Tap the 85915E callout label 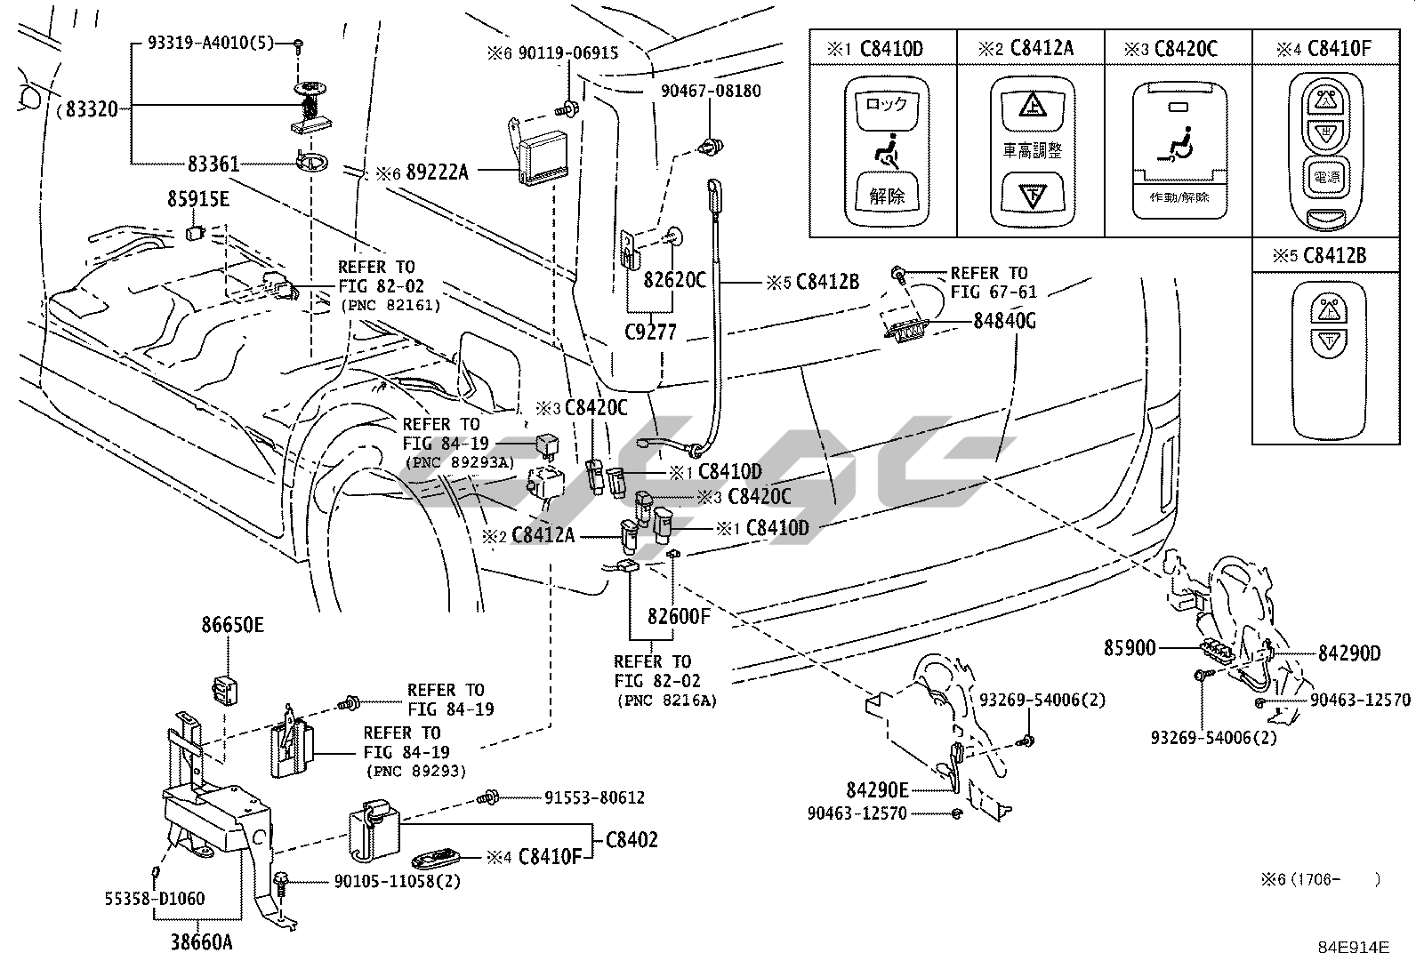tap(197, 200)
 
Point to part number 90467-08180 tap(710, 91)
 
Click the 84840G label tap(1004, 320)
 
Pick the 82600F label tap(678, 615)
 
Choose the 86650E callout tap(232, 625)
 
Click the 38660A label tap(202, 942)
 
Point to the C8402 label tap(632, 839)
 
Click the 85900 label tap(1130, 649)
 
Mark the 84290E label tap(877, 789)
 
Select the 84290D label tap(1348, 653)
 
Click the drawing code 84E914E tap(1353, 947)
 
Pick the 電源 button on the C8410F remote tap(1325, 176)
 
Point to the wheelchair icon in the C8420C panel tap(1177, 146)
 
